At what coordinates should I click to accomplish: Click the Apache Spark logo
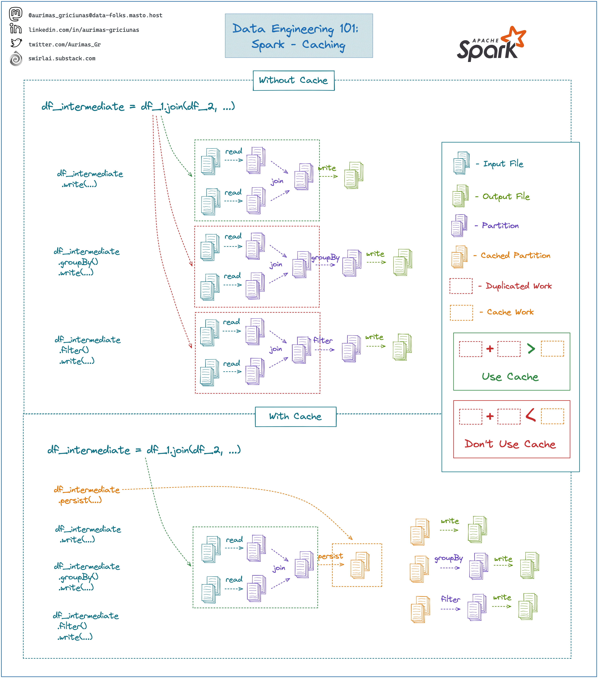(x=491, y=45)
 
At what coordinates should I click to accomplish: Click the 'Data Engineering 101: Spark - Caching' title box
(x=299, y=36)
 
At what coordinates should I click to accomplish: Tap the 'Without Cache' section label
(x=294, y=80)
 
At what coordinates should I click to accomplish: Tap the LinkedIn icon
(x=16, y=29)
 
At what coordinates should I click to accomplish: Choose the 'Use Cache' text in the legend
(x=510, y=377)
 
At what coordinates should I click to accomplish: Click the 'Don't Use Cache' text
(x=510, y=444)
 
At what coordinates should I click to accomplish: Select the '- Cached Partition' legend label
(x=515, y=255)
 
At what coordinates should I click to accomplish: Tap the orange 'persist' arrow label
(x=330, y=556)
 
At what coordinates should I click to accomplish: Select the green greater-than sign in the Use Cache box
(x=531, y=349)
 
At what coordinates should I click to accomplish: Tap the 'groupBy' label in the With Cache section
(x=448, y=558)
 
